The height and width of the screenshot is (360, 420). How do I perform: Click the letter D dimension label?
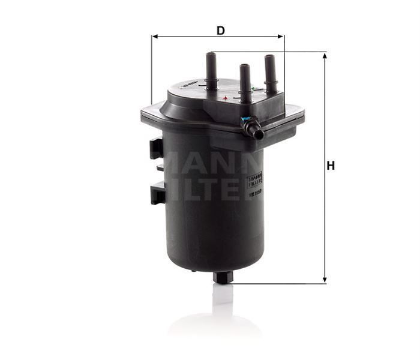(221, 29)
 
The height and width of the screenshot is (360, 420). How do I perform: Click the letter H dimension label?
(330, 166)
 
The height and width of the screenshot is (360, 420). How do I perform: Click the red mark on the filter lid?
(225, 97)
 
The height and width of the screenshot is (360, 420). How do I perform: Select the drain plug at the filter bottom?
(223, 278)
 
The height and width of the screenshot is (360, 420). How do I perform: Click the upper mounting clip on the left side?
(156, 148)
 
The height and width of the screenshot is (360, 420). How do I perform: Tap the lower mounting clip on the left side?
(157, 194)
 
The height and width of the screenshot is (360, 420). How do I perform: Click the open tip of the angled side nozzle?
(259, 134)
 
